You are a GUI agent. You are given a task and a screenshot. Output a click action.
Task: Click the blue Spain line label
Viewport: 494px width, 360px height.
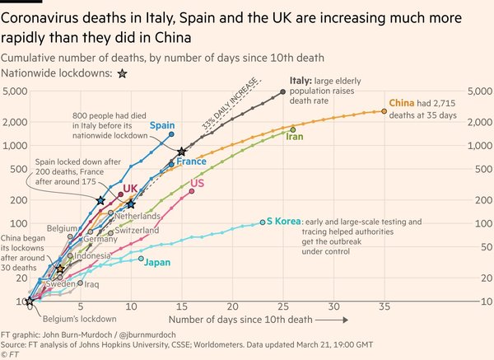click(x=161, y=125)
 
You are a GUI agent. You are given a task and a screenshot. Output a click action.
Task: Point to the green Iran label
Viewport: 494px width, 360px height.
click(x=294, y=137)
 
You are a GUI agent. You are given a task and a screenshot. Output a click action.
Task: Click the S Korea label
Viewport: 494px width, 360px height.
click(x=282, y=222)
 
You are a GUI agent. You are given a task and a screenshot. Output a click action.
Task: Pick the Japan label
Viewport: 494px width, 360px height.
click(x=157, y=262)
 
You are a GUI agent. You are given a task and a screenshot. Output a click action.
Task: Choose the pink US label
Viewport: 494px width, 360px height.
click(x=198, y=183)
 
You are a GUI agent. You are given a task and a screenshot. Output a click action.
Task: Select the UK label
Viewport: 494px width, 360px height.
click(x=130, y=189)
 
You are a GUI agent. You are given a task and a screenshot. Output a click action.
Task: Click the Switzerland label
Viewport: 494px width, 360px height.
click(x=137, y=231)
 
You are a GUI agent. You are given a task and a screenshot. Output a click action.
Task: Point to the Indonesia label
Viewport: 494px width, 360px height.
click(x=93, y=255)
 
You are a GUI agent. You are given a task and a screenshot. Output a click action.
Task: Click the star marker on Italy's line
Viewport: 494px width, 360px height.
click(x=182, y=152)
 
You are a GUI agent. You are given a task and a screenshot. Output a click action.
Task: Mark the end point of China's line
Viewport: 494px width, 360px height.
click(x=384, y=111)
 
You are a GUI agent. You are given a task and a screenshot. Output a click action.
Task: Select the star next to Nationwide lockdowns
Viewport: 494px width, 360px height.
click(x=122, y=73)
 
